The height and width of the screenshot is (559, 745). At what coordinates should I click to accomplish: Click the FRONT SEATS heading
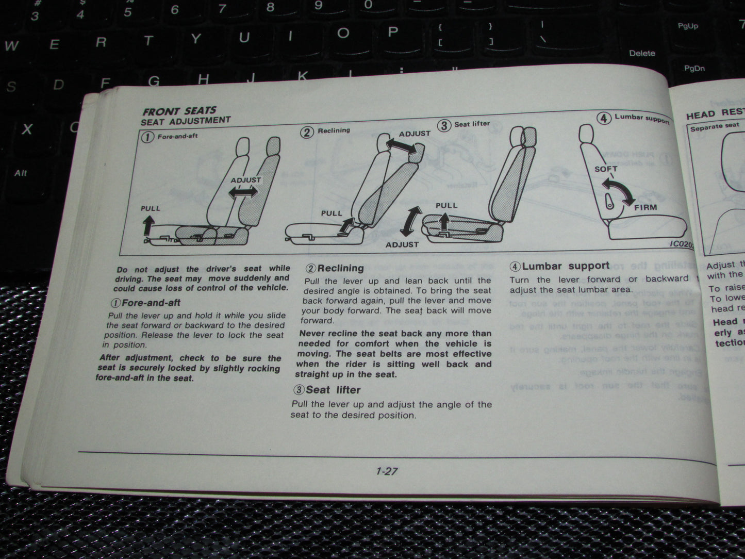179,111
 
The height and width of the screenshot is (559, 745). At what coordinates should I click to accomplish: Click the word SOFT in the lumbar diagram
605,169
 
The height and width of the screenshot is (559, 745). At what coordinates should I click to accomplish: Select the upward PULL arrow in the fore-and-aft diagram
148,225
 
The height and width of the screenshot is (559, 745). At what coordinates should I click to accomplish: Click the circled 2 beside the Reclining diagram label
307,132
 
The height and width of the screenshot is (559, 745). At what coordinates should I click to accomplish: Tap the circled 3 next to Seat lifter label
444,125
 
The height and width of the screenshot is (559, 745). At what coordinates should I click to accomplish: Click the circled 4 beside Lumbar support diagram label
604,118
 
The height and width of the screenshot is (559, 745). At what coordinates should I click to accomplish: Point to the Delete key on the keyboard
642,53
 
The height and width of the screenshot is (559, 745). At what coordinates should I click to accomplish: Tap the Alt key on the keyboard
21,173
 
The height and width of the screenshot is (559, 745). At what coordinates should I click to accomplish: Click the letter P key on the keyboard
393,32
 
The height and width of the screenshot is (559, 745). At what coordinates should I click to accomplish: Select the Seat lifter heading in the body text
327,390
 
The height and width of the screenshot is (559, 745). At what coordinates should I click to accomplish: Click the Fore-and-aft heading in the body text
146,303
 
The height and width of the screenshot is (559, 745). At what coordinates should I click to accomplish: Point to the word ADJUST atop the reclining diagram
415,134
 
